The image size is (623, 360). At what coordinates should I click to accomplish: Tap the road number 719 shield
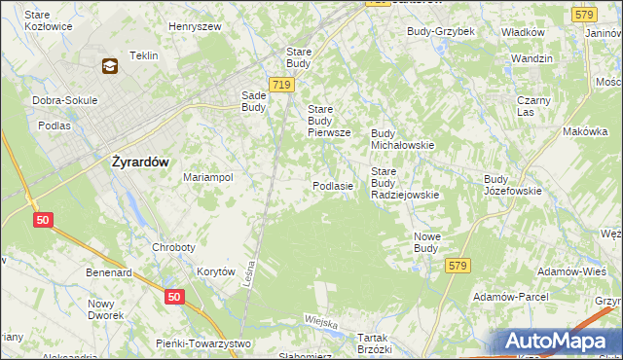(x=282, y=86)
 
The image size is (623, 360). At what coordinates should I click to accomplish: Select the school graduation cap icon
(x=109, y=66)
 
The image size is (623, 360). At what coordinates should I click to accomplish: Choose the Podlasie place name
(x=332, y=185)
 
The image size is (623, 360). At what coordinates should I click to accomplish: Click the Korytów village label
(x=216, y=272)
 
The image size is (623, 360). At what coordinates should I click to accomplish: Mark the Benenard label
(x=108, y=273)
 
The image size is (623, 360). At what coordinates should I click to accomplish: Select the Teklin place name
(x=143, y=55)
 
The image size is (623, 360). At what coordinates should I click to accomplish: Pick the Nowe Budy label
(x=425, y=241)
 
